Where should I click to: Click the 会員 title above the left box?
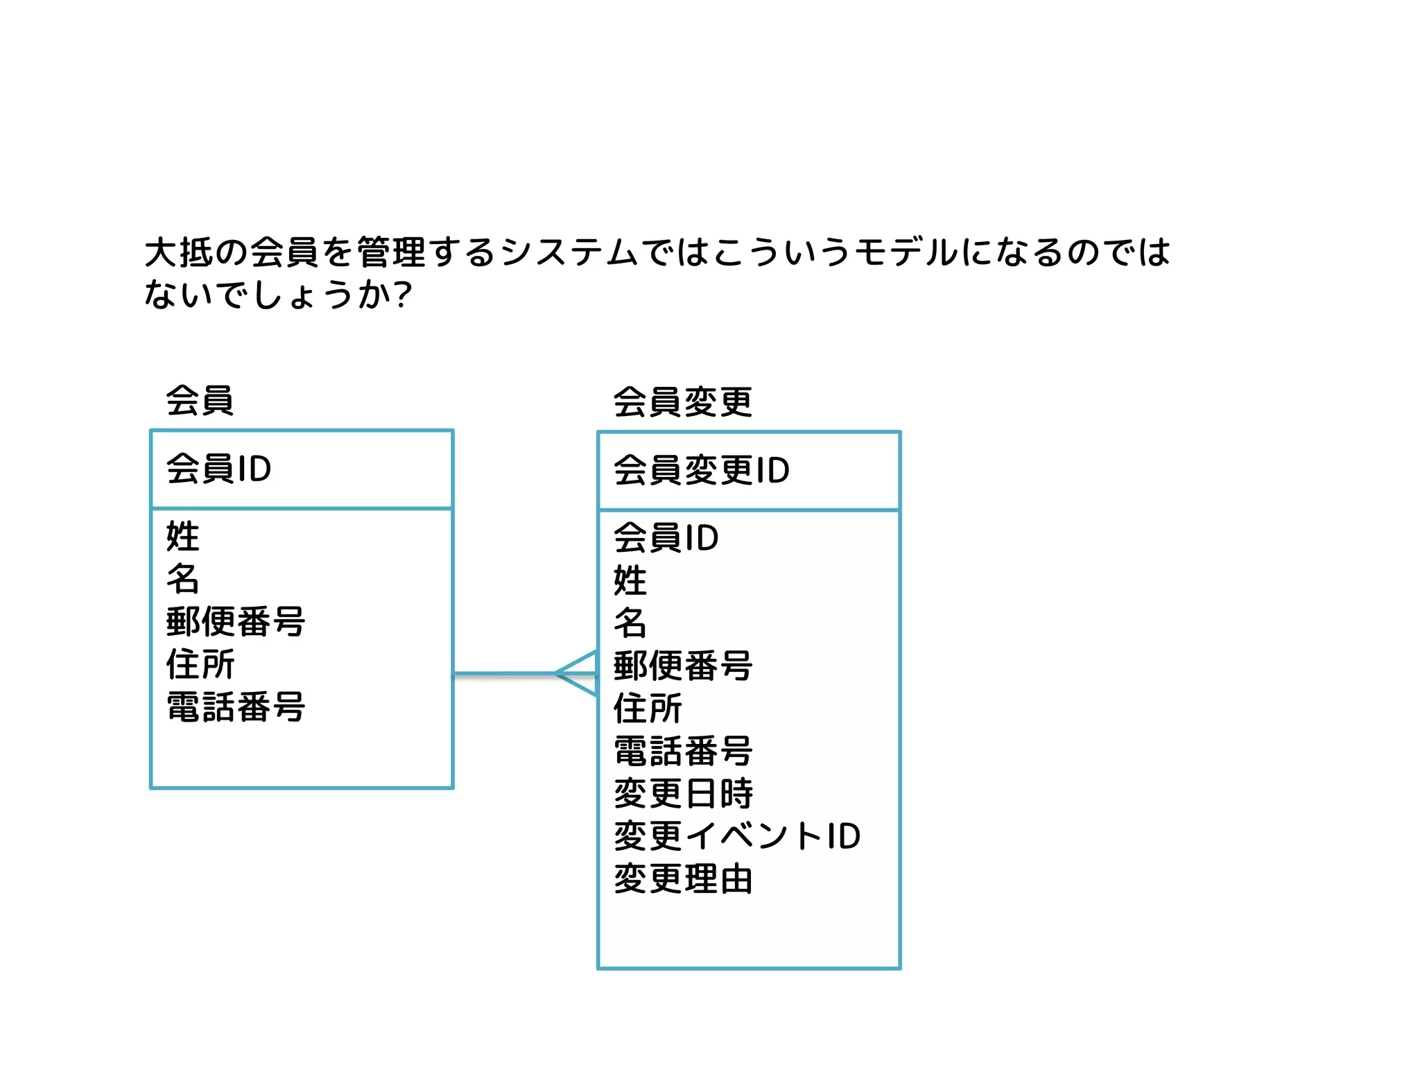(200, 400)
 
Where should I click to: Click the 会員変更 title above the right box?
(683, 402)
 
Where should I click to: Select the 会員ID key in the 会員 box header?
(218, 469)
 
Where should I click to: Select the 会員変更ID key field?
(702, 470)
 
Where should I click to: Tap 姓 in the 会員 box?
(183, 537)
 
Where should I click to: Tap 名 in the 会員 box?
(183, 579)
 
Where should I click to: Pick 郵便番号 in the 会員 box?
(236, 621)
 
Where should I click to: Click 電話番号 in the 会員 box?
(236, 707)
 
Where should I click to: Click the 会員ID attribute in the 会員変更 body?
(666, 538)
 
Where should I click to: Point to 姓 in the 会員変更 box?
(630, 580)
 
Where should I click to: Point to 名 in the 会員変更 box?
(630, 623)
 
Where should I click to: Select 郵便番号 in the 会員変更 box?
(683, 666)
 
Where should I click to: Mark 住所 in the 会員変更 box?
(648, 708)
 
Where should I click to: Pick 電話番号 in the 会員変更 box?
(683, 751)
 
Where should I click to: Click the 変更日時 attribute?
(683, 793)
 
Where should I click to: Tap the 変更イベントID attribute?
(737, 836)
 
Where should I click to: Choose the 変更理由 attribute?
(683, 879)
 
